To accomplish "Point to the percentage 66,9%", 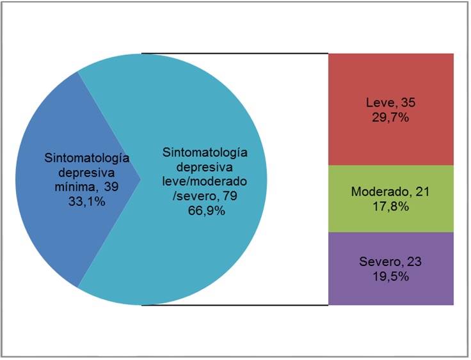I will (x=205, y=211).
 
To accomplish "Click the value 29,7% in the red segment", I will (x=390, y=116).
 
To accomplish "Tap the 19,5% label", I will (x=390, y=276).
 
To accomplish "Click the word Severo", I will (x=378, y=262).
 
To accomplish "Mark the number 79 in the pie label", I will (x=230, y=196).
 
